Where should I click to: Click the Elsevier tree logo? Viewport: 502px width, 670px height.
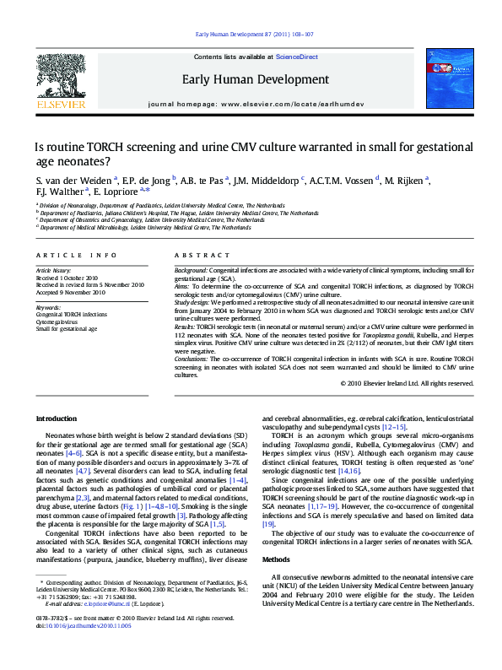(x=60, y=76)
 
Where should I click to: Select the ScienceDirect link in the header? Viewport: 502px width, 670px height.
(x=297, y=57)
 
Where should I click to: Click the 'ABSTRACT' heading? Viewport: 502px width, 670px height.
(x=202, y=255)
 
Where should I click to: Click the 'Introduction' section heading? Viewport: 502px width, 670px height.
(x=57, y=419)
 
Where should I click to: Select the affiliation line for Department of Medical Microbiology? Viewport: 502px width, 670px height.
(x=143, y=228)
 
